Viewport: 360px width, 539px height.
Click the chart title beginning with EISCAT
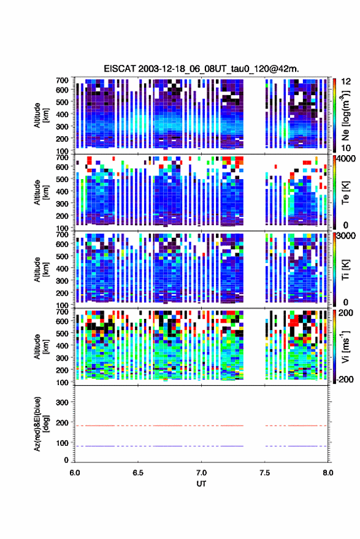click(x=202, y=69)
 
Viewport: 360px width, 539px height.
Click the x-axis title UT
click(x=201, y=484)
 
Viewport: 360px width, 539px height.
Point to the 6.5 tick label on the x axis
click(x=138, y=473)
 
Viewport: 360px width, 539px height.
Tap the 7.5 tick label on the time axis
click(x=265, y=473)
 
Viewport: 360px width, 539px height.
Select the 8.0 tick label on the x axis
click(x=328, y=473)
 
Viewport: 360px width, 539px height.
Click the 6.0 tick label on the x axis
click(x=75, y=473)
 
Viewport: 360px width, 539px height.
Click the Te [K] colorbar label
click(x=345, y=193)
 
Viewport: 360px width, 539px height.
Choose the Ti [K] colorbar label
click(x=345, y=270)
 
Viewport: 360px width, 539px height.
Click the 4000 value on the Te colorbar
click(x=345, y=159)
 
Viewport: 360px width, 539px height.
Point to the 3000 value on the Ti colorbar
click(x=345, y=236)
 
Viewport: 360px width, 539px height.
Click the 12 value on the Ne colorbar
click(x=345, y=82)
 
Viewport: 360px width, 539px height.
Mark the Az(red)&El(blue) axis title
click(x=41, y=424)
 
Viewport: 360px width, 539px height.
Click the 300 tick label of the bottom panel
click(x=62, y=402)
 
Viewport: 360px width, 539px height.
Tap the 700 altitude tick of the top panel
click(x=62, y=80)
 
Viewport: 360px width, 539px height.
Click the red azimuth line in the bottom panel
click(x=201, y=426)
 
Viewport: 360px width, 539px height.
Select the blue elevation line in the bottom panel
click(x=201, y=446)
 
